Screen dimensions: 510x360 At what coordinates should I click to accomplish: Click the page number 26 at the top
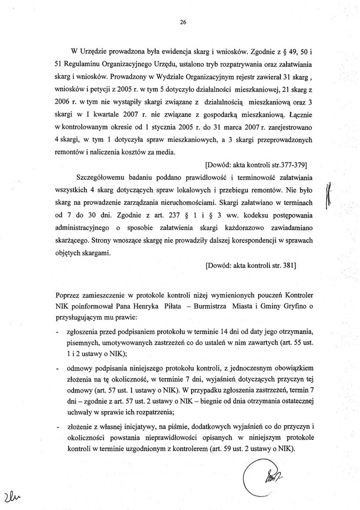click(x=183, y=22)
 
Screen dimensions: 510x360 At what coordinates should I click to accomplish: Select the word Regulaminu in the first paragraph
click(x=82, y=65)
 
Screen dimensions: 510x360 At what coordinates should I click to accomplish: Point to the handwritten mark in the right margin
click(x=328, y=196)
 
